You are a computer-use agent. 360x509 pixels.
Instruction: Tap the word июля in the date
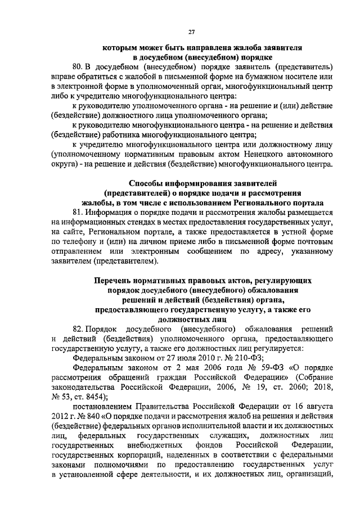click(x=189, y=357)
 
